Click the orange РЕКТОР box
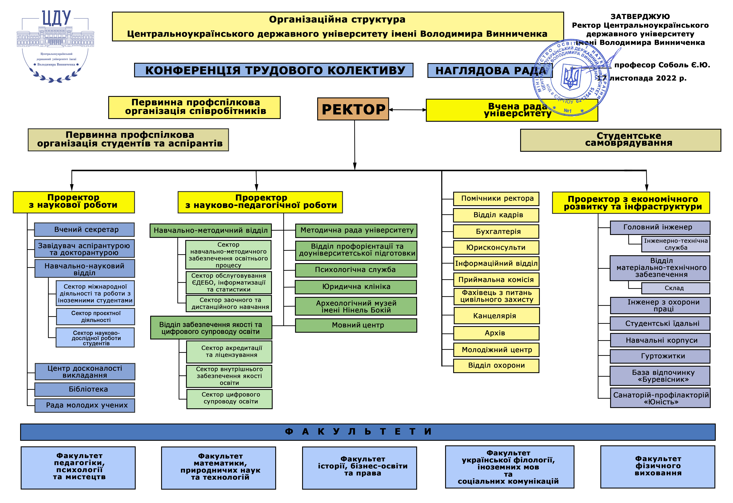353,109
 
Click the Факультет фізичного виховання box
658,467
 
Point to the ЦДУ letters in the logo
56,18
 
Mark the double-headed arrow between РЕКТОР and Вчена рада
407,110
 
